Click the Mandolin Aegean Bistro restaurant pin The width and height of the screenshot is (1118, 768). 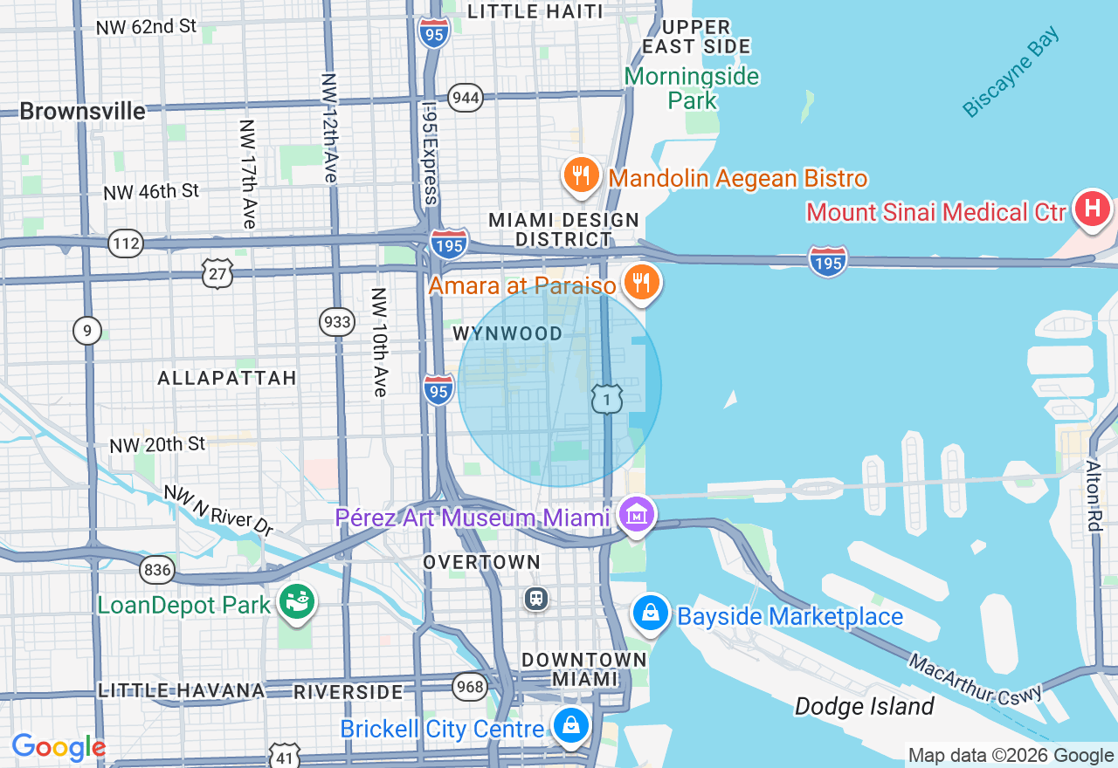[580, 176]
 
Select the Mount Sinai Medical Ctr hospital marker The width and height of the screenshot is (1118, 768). [1091, 209]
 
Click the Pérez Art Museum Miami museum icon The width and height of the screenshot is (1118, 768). [637, 514]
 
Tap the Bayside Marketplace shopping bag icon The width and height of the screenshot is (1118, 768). [651, 614]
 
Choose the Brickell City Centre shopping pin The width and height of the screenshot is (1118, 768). [570, 725]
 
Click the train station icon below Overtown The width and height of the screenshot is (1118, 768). [535, 599]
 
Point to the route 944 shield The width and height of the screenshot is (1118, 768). [466, 97]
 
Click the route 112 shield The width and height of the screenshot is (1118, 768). [126, 243]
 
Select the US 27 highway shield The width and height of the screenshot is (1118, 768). [217, 273]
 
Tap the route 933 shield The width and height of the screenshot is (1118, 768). [336, 322]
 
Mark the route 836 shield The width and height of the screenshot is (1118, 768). [156, 571]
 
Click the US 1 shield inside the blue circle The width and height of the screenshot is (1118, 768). [606, 399]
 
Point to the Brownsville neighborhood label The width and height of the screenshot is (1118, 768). [82, 112]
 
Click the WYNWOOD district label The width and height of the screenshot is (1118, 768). [507, 334]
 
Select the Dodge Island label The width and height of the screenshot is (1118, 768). [864, 706]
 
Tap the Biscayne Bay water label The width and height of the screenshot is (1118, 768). [1011, 72]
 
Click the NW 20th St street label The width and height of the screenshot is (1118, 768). [157, 444]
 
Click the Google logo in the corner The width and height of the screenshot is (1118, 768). [59, 747]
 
